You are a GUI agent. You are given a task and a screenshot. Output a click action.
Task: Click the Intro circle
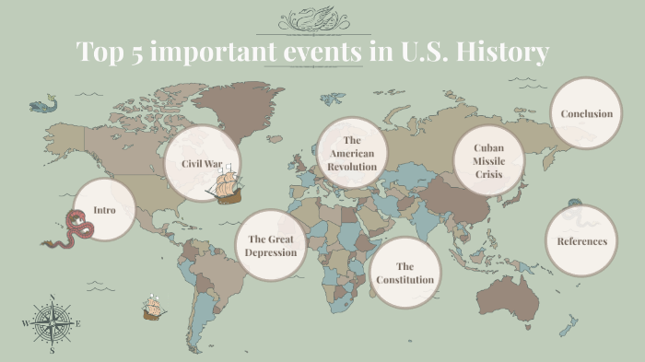pos(104,210)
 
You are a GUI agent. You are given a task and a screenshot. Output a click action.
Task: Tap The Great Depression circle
pos(272,245)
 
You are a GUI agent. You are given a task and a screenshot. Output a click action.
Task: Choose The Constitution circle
pos(405,273)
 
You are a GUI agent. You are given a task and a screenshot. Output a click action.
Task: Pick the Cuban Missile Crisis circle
pos(488,160)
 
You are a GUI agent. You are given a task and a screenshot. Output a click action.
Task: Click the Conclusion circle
pos(586,113)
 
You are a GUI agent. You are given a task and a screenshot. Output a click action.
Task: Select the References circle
pos(581,241)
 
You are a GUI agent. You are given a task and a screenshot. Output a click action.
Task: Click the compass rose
pos(52,322)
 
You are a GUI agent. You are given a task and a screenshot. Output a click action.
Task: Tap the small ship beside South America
pos(153,307)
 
